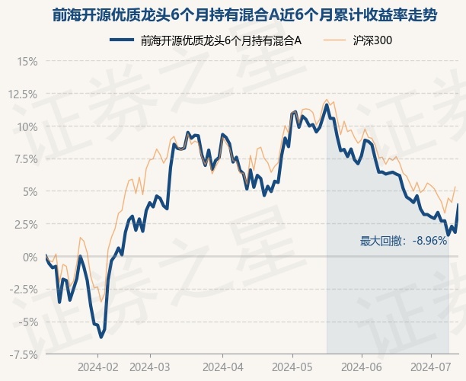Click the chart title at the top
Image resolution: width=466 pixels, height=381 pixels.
[244, 15]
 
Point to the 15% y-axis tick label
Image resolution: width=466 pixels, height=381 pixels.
[27, 62]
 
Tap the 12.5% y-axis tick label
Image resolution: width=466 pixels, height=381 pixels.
[23, 94]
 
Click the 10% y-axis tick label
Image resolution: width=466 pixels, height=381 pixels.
[27, 127]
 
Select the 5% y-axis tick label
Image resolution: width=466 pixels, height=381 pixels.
[30, 192]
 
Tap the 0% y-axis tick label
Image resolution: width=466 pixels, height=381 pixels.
[30, 257]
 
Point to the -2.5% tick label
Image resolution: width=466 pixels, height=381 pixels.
[23, 290]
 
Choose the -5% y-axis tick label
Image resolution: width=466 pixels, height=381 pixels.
[28, 322]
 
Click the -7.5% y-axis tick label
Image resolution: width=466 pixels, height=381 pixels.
[23, 354]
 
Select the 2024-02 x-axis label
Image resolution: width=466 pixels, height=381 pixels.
[97, 367]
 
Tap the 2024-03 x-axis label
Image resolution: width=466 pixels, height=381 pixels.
[150, 367]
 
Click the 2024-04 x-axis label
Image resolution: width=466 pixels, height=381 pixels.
[223, 367]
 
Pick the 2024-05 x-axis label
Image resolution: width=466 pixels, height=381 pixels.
[292, 367]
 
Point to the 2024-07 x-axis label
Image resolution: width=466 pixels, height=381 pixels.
[431, 367]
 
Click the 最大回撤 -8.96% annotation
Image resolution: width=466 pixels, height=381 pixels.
[404, 241]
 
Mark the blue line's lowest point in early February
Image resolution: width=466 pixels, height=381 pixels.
[101, 338]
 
